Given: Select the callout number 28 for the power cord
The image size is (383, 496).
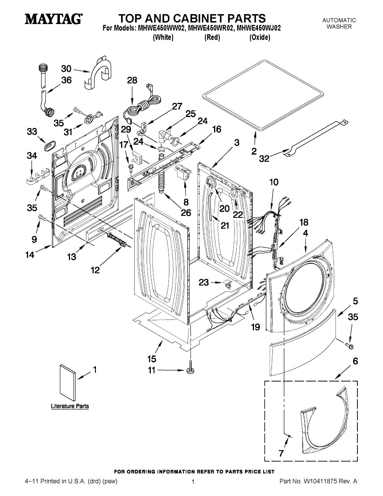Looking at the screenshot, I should pos(132,81).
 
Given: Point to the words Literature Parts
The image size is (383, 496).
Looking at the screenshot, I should pos(70,406).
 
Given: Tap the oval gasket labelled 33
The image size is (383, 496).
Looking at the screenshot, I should pos(49,145).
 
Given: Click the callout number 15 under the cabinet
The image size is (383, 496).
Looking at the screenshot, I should pos(152,358).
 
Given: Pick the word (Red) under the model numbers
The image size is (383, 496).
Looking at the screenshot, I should pos(212,38).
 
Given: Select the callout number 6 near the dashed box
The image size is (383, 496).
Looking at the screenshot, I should pos(354,361).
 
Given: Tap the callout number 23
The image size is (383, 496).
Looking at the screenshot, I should pos(204,283).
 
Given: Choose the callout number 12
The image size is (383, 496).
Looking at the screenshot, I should pos(95,270).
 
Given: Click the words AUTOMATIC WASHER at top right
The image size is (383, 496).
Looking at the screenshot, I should pos(339,23).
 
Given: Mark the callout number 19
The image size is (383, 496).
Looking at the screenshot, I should pos(255,327).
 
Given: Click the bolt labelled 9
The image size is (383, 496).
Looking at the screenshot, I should pos(41,217).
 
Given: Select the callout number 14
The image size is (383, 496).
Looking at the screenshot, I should pos(29,255).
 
